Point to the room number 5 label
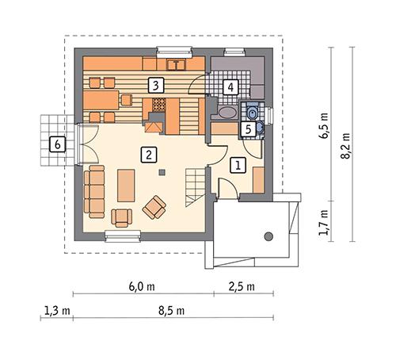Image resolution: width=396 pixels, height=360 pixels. [247, 128]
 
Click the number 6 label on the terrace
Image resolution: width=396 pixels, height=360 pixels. [56, 144]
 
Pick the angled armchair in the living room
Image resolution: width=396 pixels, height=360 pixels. [154, 209]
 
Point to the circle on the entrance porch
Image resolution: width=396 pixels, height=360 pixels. [268, 235]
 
